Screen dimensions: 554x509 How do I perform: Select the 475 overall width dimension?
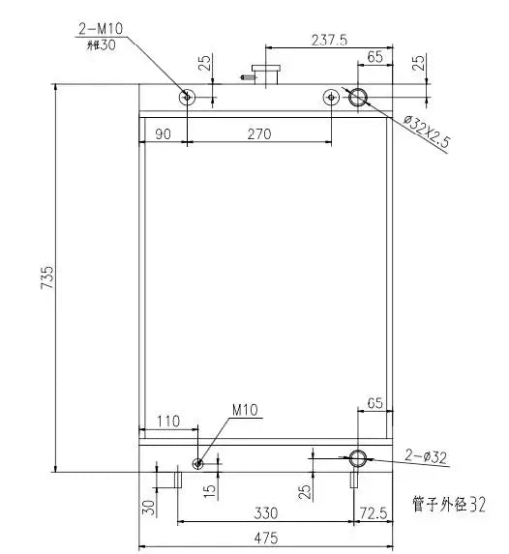[x=266, y=538]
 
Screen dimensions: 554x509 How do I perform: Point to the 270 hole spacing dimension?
[x=258, y=133]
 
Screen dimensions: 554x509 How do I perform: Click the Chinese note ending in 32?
[x=447, y=503]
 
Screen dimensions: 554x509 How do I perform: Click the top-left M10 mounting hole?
[x=187, y=97]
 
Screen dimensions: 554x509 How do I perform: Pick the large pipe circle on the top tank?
[x=358, y=97]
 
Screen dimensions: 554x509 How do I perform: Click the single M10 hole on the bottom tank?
[x=198, y=463]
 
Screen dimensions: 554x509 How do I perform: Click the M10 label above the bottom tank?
[x=244, y=411]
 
